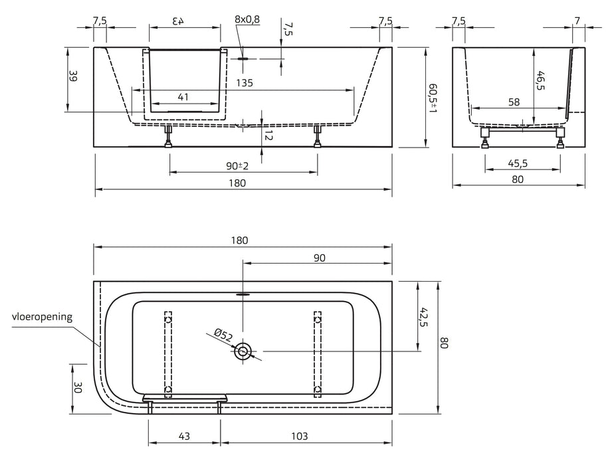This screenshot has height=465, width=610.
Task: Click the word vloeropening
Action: [x=41, y=317]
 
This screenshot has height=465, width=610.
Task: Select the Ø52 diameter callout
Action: [x=223, y=336]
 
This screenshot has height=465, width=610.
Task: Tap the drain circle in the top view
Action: [x=245, y=353]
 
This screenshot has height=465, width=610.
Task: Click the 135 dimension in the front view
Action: [x=245, y=84]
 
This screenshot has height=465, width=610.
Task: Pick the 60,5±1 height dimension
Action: [x=433, y=96]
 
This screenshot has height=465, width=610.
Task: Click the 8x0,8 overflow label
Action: [x=247, y=19]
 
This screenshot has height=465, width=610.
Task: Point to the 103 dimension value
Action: [x=300, y=436]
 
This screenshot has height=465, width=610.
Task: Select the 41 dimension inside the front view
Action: [x=184, y=98]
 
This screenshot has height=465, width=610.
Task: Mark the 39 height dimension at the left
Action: [x=73, y=77]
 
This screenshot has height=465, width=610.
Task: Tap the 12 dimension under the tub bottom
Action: [x=269, y=135]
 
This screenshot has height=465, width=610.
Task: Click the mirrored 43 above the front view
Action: [x=178, y=20]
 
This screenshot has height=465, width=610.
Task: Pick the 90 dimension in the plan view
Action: [x=319, y=258]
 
